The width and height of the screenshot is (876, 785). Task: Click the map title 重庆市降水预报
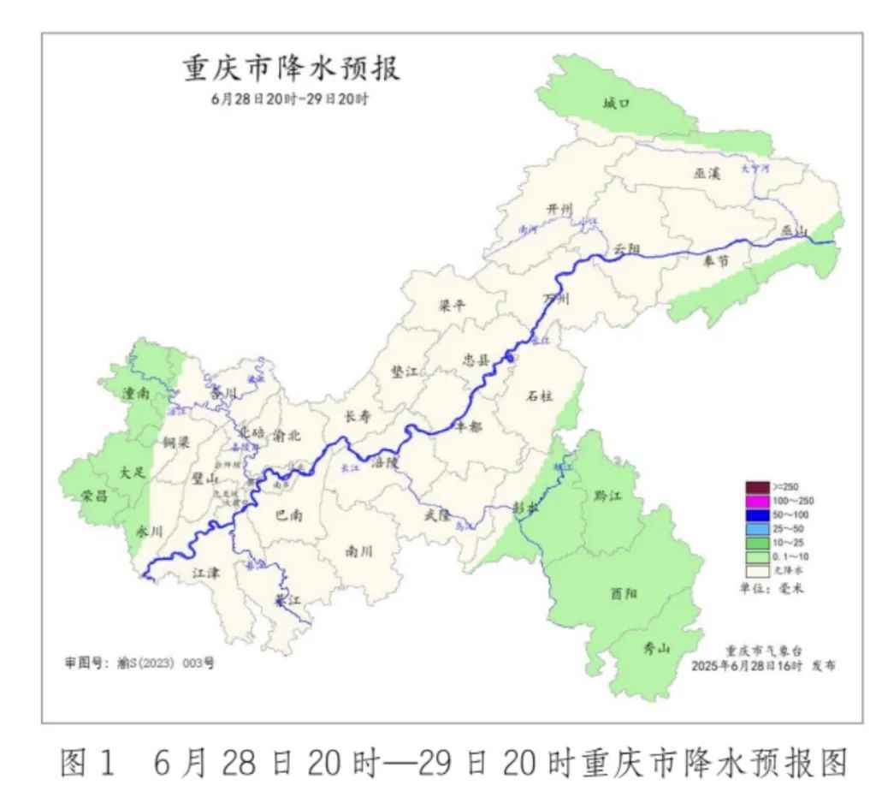tap(291, 68)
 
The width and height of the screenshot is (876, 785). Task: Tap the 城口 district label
tap(615, 104)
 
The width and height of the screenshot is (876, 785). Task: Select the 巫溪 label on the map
tap(707, 173)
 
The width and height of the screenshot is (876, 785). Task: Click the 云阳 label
tap(627, 248)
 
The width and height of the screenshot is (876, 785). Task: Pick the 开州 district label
tap(559, 210)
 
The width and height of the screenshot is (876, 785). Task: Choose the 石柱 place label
tap(540, 395)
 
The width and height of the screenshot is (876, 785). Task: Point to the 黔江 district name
tap(607, 496)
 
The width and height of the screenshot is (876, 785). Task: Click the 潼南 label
tap(136, 394)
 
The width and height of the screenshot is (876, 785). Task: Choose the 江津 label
tap(206, 572)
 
